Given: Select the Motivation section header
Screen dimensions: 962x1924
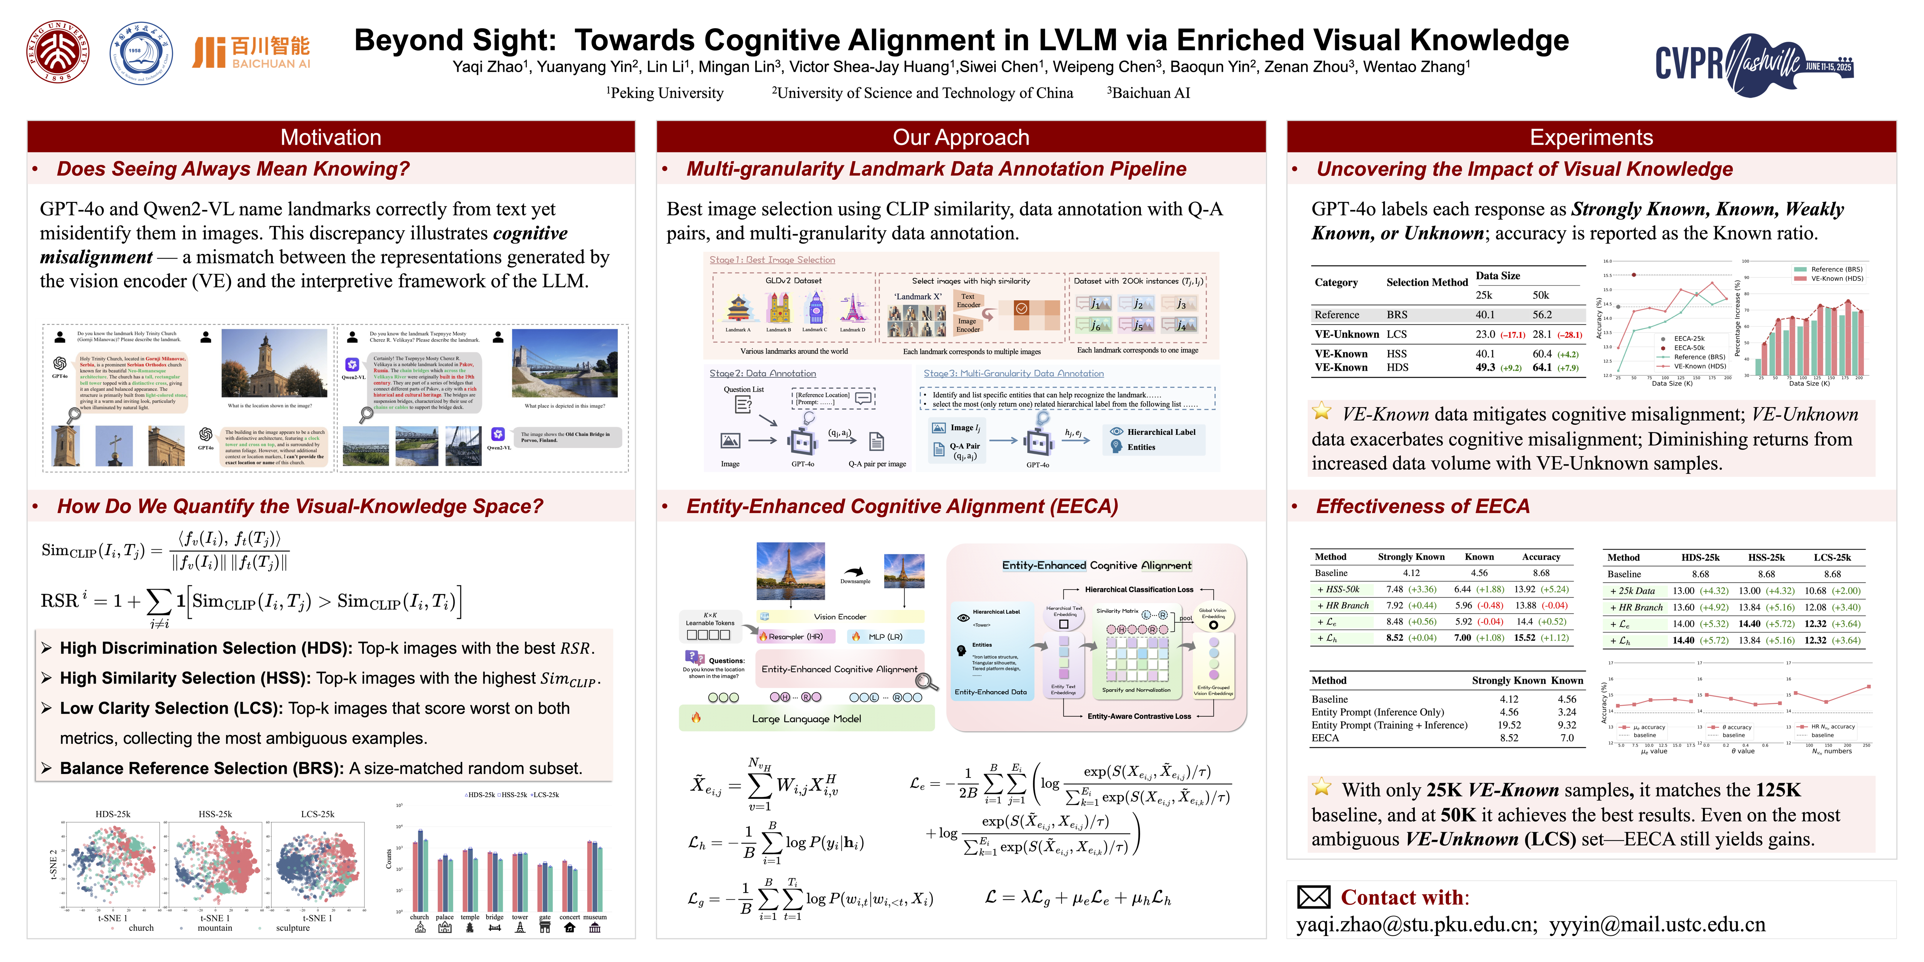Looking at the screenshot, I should (331, 138).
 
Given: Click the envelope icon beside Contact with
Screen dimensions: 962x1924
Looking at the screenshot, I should (1313, 897).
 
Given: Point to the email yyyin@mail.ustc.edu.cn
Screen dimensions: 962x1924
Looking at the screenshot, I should (1656, 925).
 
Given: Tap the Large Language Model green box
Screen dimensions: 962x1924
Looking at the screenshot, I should (807, 718).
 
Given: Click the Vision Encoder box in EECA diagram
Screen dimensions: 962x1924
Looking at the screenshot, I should (840, 617).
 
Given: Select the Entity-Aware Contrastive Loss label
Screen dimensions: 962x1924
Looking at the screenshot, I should (1139, 716).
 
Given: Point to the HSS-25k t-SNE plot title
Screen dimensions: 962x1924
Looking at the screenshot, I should (215, 814).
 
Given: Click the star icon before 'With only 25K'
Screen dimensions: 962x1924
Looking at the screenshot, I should (1321, 787).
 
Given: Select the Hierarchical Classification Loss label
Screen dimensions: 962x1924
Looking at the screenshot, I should (1139, 589).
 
